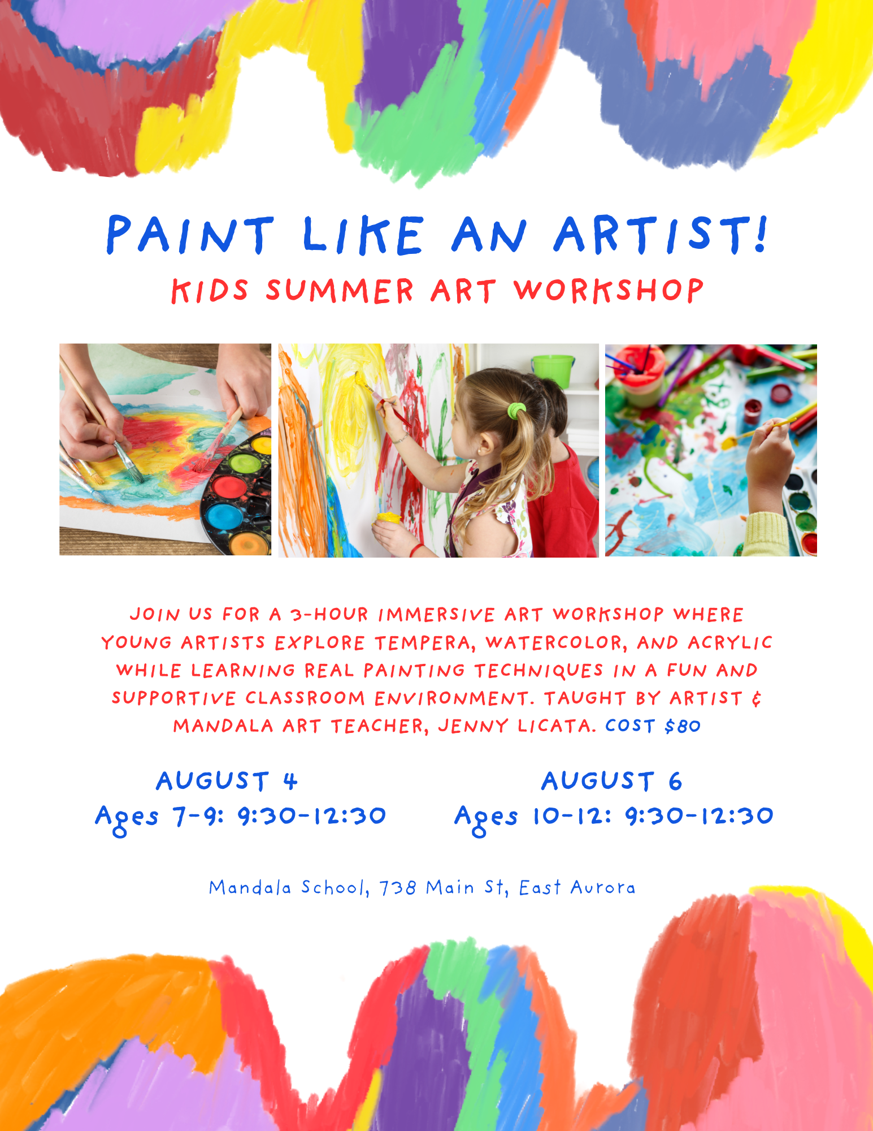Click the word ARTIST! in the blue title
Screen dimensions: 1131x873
[x=661, y=234]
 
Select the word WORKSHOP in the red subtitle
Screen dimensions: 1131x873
[x=609, y=291]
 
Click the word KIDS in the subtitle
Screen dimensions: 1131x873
[x=210, y=291]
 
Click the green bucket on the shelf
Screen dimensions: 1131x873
[x=553, y=370]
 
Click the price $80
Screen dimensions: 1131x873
[x=683, y=726]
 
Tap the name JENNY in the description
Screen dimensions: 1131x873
[x=473, y=726]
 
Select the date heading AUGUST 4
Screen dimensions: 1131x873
[x=227, y=782]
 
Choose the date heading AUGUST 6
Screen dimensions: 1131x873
[x=612, y=782]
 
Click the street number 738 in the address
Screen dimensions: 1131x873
[x=398, y=888]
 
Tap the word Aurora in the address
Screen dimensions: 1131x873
[x=603, y=888]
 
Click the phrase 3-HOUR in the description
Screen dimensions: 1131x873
[x=329, y=615]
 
